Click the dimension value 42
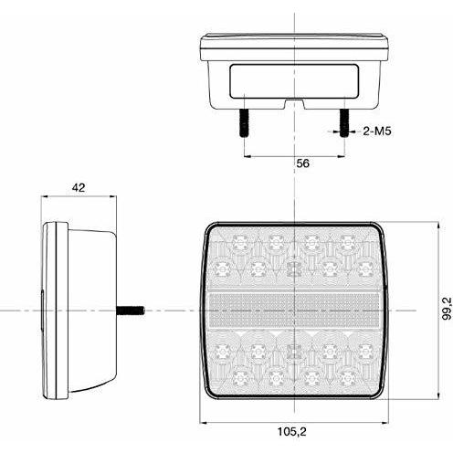click(x=79, y=188)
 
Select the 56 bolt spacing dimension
click(x=302, y=163)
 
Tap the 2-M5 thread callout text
click(x=377, y=132)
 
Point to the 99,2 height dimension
click(x=447, y=309)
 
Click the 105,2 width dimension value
click(x=291, y=431)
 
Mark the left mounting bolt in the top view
click(x=245, y=123)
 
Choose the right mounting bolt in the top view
click(x=344, y=123)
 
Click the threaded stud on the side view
click(x=131, y=311)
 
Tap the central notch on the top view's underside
click(x=295, y=103)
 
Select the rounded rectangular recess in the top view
click(x=294, y=81)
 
